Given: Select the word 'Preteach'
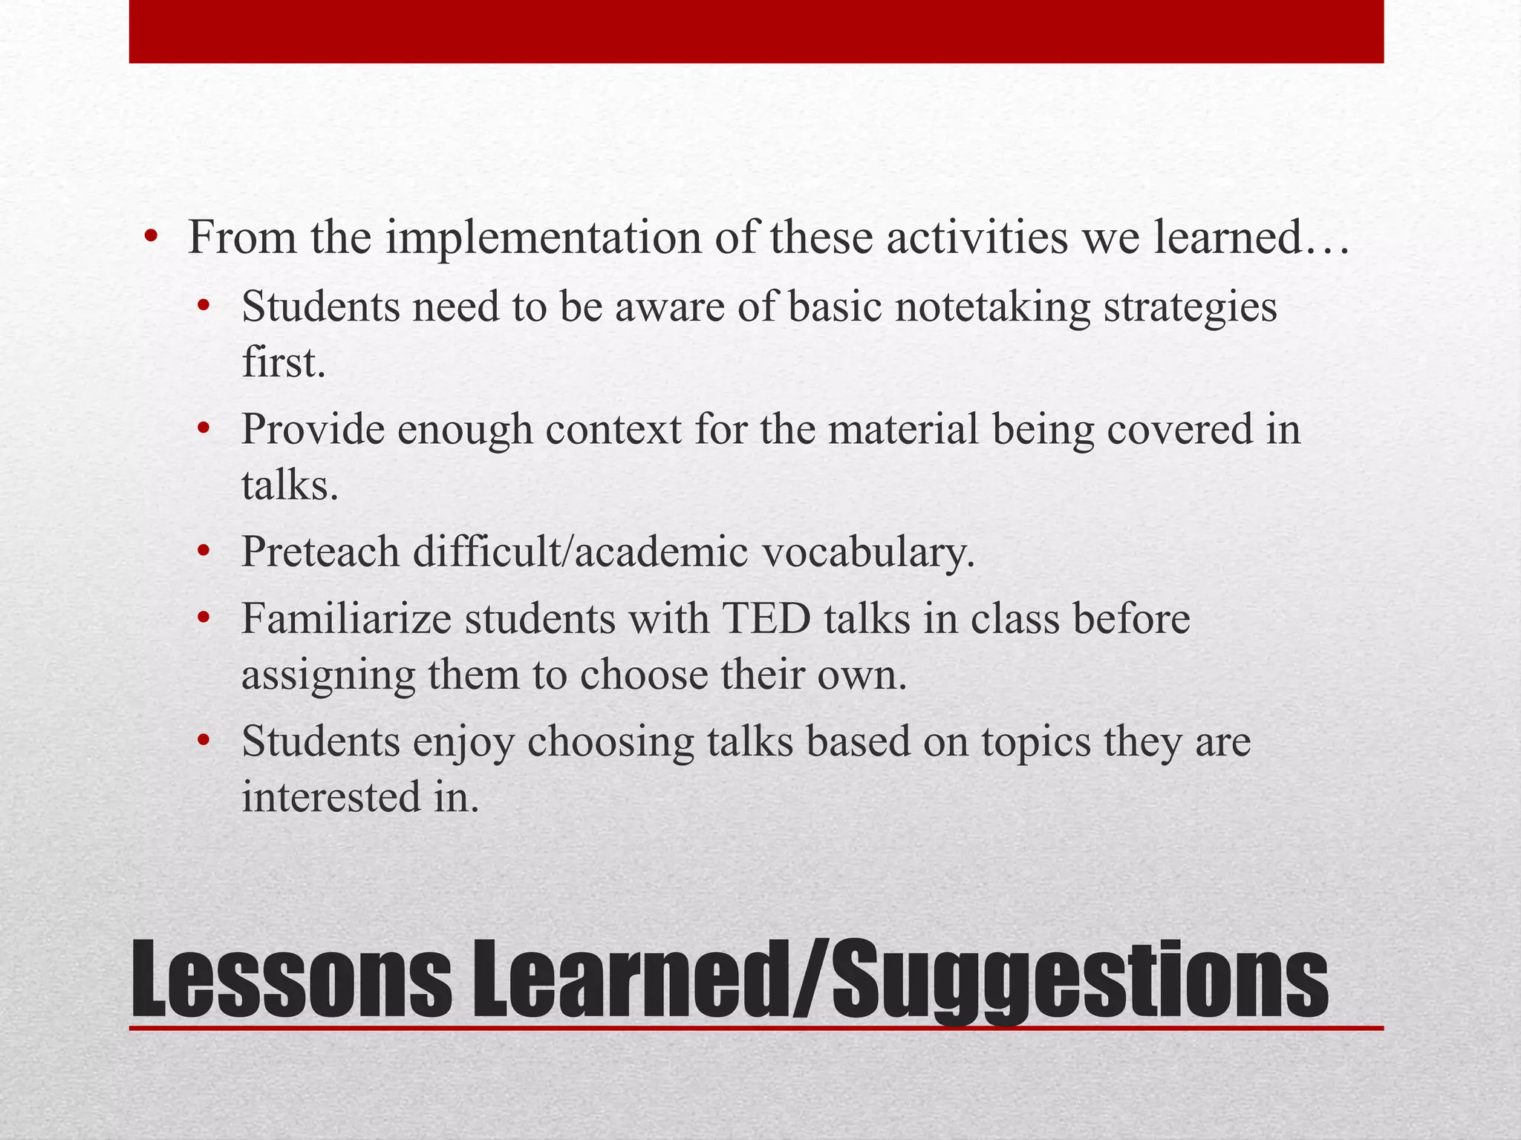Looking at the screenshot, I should (x=320, y=552).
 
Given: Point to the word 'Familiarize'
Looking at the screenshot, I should (x=346, y=618).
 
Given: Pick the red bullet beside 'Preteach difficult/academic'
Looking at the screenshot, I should (x=204, y=552).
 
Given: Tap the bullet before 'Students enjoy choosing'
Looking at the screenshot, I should (x=204, y=741).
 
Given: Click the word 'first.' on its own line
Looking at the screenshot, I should (x=284, y=363).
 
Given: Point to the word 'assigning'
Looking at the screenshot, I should (x=328, y=675).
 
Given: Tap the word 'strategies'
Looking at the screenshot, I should (x=1190, y=307).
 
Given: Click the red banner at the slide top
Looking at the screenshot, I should (x=756, y=31).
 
